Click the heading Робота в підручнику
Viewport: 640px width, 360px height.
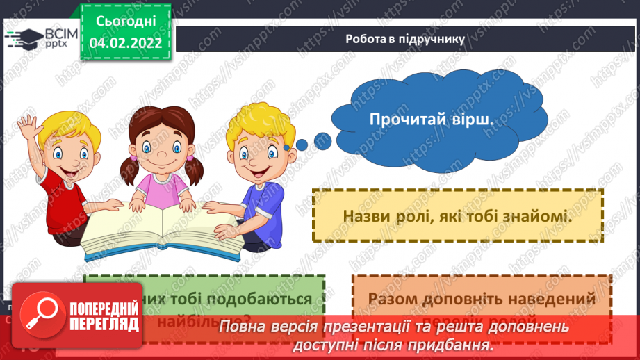click(x=405, y=39)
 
